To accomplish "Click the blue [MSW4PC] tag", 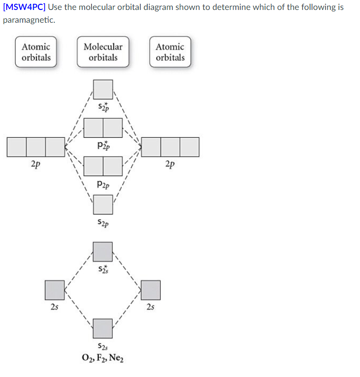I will click(24, 8).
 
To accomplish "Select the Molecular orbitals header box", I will click(103, 52).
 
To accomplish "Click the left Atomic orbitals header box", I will click(36, 52).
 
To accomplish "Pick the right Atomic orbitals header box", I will click(170, 52).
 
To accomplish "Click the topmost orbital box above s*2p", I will click(103, 90).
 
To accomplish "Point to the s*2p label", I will click(103, 108).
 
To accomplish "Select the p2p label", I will click(103, 184).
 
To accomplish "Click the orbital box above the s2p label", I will click(103, 204).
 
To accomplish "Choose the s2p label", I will click(103, 222).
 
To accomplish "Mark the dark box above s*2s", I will click(103, 251).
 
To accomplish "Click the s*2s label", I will click(103, 269).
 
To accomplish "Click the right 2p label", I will click(170, 164).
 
